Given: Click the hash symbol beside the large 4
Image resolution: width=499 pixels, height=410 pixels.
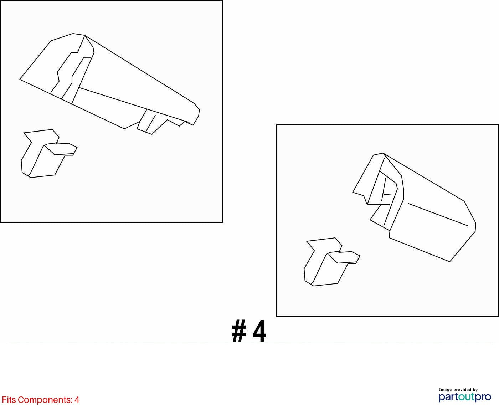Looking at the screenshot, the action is (x=239, y=331).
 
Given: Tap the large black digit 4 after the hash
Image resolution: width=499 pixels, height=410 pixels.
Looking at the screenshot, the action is (x=259, y=331).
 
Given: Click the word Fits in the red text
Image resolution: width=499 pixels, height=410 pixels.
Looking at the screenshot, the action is (x=9, y=400).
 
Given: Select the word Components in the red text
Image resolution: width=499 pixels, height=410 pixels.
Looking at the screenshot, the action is (x=45, y=400).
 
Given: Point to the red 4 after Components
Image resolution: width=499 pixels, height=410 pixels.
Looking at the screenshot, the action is (x=77, y=400).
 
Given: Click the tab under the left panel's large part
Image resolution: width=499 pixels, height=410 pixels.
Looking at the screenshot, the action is (x=151, y=122).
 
